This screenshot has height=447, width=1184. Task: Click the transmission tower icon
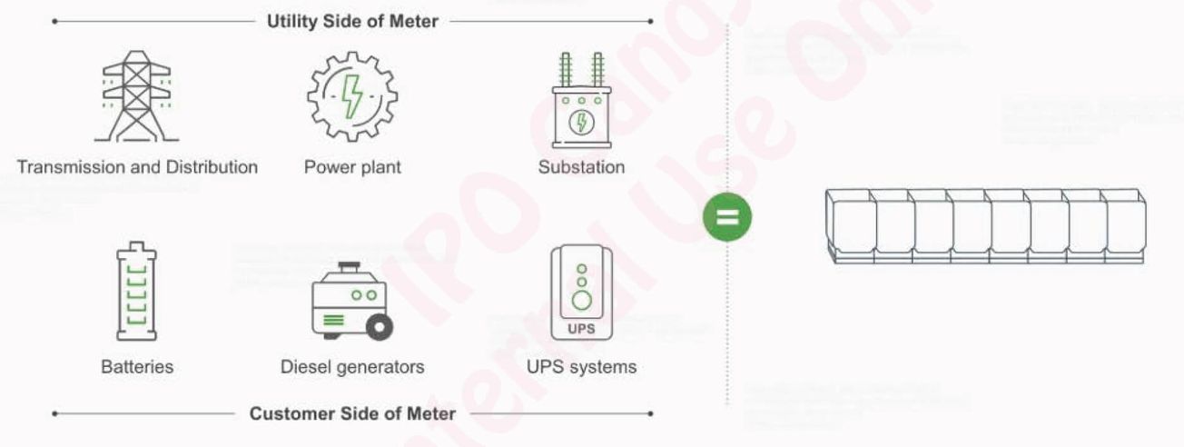136,96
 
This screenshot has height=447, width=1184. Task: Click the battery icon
136,291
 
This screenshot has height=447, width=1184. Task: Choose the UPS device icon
581,293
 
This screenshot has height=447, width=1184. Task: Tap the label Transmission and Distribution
137,167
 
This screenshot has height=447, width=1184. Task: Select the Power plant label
352,167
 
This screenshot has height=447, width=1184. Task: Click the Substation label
581,167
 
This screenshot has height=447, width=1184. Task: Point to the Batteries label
137,367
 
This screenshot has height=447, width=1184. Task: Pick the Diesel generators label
352,367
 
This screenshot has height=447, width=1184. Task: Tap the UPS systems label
581,367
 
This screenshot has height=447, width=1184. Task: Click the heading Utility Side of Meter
352,21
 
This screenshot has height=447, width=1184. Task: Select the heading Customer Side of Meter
352,414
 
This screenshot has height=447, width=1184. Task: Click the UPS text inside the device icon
581,328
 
